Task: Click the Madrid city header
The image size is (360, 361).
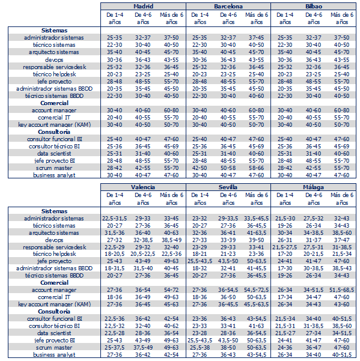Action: [143, 6]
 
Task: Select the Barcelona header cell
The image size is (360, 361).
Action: [228, 6]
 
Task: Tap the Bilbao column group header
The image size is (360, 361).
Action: [314, 6]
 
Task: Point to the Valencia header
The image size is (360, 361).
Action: [143, 187]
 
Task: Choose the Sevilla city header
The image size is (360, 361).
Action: [228, 187]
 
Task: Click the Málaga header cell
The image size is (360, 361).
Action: [313, 187]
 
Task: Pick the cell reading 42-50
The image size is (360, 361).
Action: [200, 168]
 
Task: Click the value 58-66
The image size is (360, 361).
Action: [256, 168]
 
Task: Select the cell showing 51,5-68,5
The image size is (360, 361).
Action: [342, 290]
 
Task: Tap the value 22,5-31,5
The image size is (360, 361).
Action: [114, 218]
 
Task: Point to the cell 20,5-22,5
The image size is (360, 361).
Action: [143, 254]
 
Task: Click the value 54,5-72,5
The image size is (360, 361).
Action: [257, 290]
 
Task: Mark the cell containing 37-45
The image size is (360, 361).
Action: [256, 37]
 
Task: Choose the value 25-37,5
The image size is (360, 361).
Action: [114, 347]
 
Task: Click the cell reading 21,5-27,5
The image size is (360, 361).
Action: [285, 247]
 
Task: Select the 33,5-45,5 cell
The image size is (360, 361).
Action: [257, 218]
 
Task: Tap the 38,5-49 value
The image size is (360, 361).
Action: [171, 240]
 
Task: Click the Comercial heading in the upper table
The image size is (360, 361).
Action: [54, 103]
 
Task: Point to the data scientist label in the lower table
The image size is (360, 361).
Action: [54, 333]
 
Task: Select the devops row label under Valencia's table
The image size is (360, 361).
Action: [54, 240]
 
